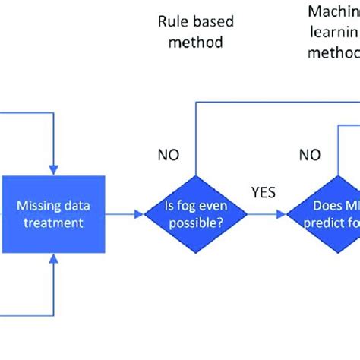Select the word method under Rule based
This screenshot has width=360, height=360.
point(191,43)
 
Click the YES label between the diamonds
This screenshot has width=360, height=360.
point(262,192)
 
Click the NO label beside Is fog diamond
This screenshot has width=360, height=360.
point(169,156)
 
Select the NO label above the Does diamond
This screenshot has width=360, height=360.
point(308,156)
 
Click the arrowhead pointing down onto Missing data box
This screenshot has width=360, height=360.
point(52,167)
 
